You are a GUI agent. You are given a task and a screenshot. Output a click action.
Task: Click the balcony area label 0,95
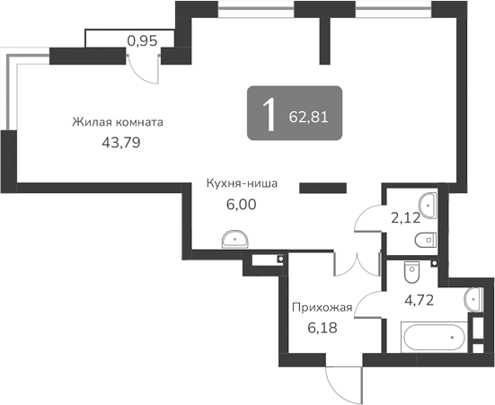coord(142,40)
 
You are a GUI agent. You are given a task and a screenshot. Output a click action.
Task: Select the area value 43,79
coord(121,141)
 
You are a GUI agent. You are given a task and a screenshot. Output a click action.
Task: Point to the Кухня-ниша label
coord(241,184)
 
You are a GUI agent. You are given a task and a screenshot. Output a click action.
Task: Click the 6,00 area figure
coord(241,204)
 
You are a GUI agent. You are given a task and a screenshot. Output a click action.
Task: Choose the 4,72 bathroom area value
coord(420,300)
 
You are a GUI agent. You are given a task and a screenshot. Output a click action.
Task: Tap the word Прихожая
coord(321,307)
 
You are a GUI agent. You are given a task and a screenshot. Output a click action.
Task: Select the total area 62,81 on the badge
coord(307,116)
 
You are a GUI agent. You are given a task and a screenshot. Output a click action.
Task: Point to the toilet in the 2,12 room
coord(426,239)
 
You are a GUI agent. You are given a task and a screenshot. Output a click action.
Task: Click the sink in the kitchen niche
coord(235,238)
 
